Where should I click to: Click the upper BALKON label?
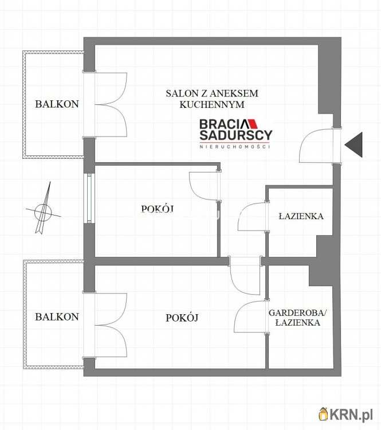pyautogui.click(x=57, y=104)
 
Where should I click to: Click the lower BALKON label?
pyautogui.click(x=57, y=317)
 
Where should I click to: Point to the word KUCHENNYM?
pyautogui.click(x=212, y=104)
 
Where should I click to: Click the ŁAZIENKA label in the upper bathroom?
pyautogui.click(x=301, y=216)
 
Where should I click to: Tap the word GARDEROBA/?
pyautogui.click(x=298, y=312)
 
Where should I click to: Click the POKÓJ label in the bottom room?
pyautogui.click(x=182, y=318)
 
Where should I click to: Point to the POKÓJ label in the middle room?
pyautogui.click(x=158, y=209)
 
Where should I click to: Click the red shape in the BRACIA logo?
pyautogui.click(x=253, y=124)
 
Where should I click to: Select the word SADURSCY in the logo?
pyautogui.click(x=235, y=135)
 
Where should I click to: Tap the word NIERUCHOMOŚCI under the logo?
pyautogui.click(x=235, y=146)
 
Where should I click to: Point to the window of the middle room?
pyautogui.click(x=89, y=198)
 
